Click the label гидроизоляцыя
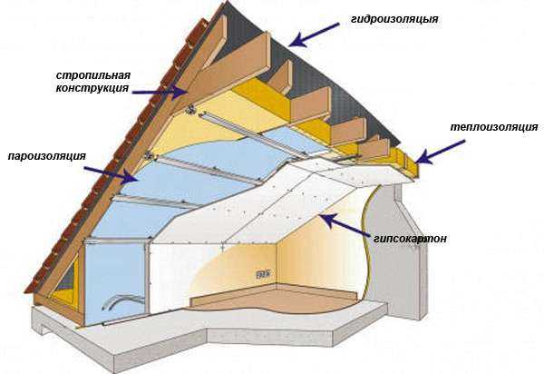394,19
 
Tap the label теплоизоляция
494,127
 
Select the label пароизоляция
47,156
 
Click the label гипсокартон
410,239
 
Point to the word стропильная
93,75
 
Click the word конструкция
92,88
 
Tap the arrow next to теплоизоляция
440,153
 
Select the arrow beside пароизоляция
112,174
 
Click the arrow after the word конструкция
160,92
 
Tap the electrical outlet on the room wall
263,275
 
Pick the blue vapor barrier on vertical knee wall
114,278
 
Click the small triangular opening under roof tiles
68,278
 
